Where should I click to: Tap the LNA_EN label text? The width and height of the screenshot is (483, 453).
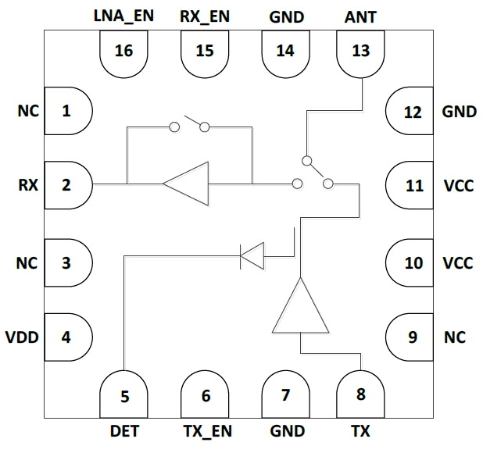click(x=123, y=15)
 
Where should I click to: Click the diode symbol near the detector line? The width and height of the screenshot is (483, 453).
click(x=252, y=254)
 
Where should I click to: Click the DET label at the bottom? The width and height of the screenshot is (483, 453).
click(x=125, y=430)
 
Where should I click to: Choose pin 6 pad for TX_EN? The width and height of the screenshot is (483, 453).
click(x=206, y=394)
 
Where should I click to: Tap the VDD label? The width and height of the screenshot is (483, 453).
click(x=21, y=337)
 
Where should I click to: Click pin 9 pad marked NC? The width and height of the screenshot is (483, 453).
click(x=411, y=337)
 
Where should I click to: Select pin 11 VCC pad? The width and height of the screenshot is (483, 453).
click(x=411, y=185)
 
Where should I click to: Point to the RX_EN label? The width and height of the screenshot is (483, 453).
click(x=205, y=15)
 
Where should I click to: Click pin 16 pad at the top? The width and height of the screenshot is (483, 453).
click(x=123, y=53)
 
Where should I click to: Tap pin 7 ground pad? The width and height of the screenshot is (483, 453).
click(x=285, y=394)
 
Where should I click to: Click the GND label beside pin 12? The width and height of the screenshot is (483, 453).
click(x=459, y=111)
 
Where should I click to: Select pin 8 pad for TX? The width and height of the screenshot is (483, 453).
click(x=360, y=394)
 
